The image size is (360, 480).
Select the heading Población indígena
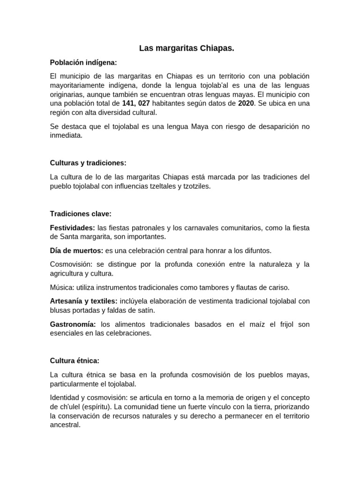tap(83, 62)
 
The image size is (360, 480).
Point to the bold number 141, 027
tap(136, 103)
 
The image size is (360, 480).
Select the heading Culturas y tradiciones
tap(88, 163)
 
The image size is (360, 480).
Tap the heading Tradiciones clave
tap(81, 214)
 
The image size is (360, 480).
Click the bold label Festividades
tap(73, 228)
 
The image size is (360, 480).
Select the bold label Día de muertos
tap(76, 250)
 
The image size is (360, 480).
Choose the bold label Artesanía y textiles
tap(84, 301)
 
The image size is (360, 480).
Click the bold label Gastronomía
tap(73, 324)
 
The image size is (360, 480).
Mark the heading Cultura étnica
tap(75, 361)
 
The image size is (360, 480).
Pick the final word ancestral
tap(65, 426)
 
